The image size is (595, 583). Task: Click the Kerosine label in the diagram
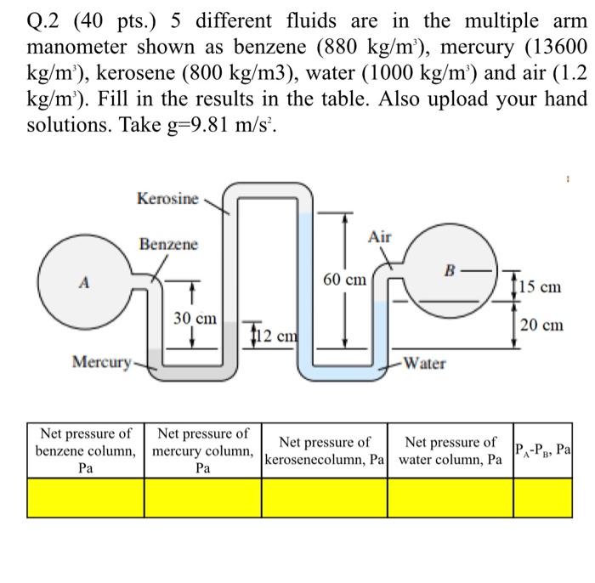pos(167,199)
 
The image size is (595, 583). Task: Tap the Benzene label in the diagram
pos(168,244)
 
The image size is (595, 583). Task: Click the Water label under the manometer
pos(424,363)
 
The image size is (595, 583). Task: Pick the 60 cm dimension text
pos(344,279)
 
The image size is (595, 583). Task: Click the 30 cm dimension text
pos(195,319)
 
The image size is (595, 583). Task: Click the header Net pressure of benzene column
pos(86,450)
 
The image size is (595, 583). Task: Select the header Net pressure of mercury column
pos(203,450)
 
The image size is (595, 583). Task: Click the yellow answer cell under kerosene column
pos(325,498)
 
